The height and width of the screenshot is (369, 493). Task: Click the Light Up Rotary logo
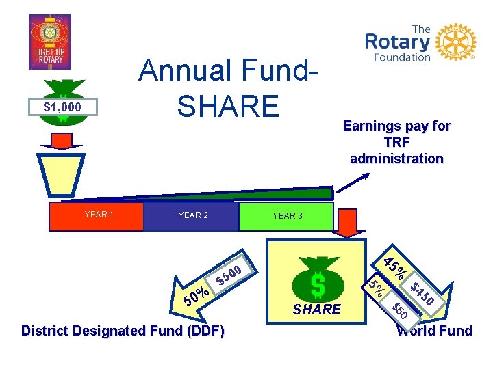(x=49, y=42)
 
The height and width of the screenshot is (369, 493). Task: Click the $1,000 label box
(x=62, y=107)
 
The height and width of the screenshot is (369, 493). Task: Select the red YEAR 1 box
(x=98, y=215)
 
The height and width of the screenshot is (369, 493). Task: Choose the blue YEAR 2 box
(x=192, y=215)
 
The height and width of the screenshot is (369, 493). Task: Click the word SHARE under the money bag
(x=316, y=310)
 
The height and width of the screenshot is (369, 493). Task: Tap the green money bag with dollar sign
(x=317, y=277)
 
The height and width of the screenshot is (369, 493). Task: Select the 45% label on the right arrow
(x=395, y=267)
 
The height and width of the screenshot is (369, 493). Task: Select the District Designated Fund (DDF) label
(x=123, y=331)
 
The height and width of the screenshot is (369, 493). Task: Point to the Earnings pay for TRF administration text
(x=396, y=142)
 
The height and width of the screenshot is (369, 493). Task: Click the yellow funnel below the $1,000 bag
(x=62, y=174)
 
